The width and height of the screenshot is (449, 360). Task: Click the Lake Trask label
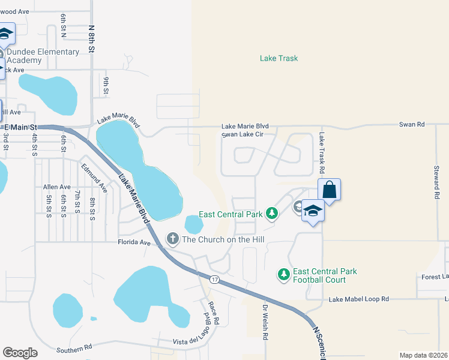click(279, 58)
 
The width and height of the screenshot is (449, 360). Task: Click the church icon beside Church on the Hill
click(172, 239)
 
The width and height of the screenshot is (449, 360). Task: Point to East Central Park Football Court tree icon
click(283, 275)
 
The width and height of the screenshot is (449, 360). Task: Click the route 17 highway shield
click(214, 280)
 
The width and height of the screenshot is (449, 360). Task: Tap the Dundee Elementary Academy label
click(43, 56)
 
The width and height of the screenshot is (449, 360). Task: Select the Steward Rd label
click(436, 182)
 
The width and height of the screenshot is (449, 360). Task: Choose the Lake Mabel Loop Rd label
click(359, 299)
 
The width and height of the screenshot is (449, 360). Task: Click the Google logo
click(20, 352)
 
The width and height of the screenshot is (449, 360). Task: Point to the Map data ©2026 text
click(423, 355)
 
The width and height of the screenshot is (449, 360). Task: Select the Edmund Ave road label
click(94, 178)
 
